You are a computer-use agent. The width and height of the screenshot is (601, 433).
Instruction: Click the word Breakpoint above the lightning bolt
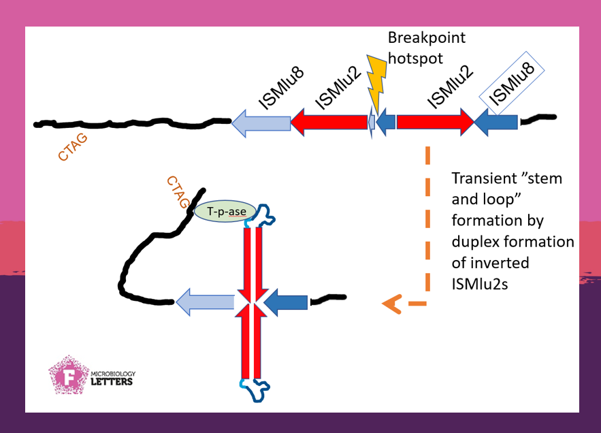coord(427,37)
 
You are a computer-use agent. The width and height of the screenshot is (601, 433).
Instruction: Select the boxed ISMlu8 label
coord(511,81)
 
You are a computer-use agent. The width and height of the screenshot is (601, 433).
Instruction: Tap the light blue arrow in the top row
coord(260,123)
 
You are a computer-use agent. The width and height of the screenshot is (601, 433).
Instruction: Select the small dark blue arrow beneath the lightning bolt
coord(386,123)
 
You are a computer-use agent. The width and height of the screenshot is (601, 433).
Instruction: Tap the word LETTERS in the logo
coord(112,381)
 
